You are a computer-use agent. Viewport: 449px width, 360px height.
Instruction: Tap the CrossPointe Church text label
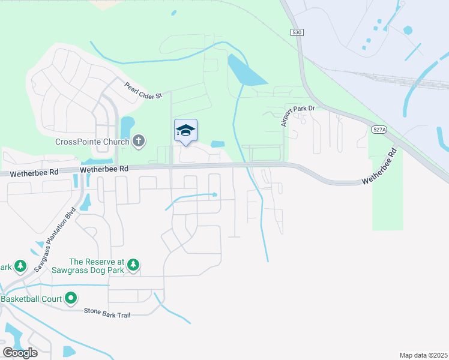[x=92, y=142]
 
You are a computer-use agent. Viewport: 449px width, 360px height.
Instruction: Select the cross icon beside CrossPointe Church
[x=139, y=142]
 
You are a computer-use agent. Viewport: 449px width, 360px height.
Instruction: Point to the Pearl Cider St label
[x=143, y=91]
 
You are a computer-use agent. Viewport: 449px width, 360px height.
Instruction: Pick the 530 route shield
[x=296, y=34]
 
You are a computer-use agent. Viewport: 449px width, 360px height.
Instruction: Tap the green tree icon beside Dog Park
[x=133, y=265]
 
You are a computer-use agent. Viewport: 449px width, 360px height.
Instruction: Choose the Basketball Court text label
[x=32, y=298]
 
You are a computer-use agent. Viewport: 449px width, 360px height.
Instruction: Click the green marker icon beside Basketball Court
[x=71, y=298]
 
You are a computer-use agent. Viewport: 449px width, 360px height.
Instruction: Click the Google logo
[x=20, y=353]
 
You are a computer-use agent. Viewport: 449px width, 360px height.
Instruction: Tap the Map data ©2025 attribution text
[x=423, y=355]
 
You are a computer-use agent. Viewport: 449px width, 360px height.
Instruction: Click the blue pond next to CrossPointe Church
[x=127, y=126]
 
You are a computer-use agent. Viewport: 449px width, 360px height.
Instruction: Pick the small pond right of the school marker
[x=218, y=144]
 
